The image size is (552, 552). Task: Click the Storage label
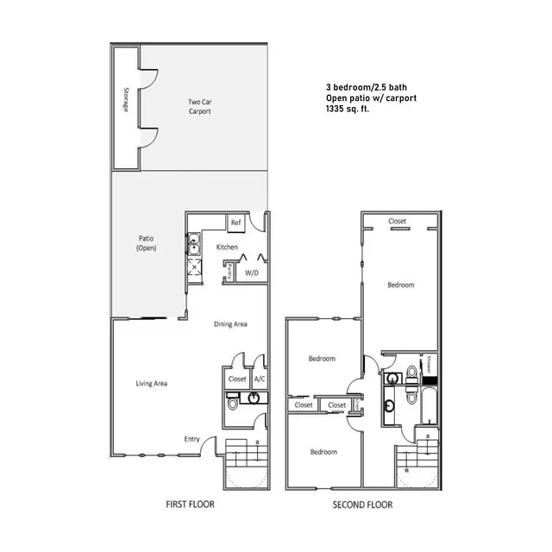[x=126, y=100]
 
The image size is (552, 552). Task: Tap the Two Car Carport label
[x=199, y=107]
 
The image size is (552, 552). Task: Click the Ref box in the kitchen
[x=235, y=223]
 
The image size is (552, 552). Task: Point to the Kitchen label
[x=227, y=248]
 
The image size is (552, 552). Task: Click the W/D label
[x=252, y=273]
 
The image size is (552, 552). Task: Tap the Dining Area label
[x=231, y=324]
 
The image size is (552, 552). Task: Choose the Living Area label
[x=151, y=383]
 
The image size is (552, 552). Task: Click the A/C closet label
[x=259, y=379]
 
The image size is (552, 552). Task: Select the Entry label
[x=191, y=439]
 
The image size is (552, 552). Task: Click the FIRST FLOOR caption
[x=190, y=504]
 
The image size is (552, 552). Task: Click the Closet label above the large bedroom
[x=398, y=221]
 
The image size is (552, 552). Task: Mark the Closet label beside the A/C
[x=237, y=379]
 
